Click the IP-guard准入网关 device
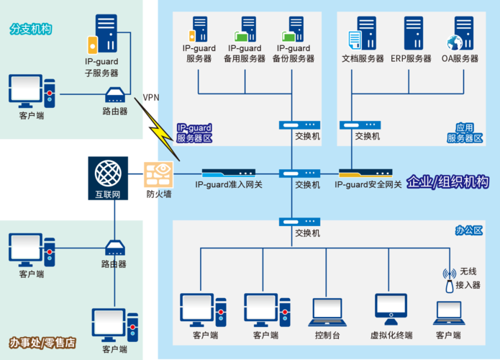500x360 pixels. coord(228,174)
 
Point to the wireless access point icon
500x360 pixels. coord(450,280)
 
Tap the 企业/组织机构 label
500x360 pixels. coord(447,182)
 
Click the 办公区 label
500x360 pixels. coord(468,230)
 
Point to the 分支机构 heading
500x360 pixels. coord(31,30)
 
